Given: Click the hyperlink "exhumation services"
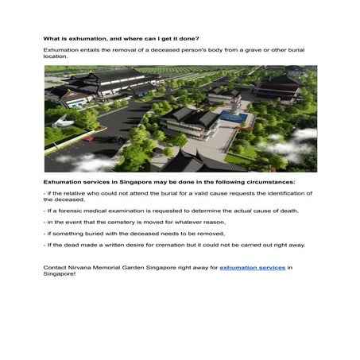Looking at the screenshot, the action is pyautogui.click(x=252, y=267).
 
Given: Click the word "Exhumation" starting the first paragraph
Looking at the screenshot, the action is pyautogui.click(x=60, y=49).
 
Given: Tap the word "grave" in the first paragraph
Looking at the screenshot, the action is pyautogui.click(x=234, y=49).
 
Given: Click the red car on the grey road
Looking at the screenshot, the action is pyautogui.click(x=134, y=141).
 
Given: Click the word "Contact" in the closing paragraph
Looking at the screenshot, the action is pyautogui.click(x=56, y=267).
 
